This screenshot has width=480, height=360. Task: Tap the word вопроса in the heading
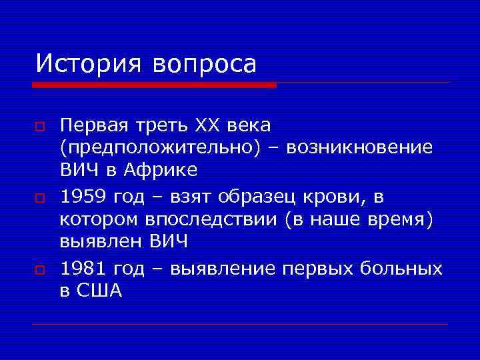pyautogui.click(x=204, y=65)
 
